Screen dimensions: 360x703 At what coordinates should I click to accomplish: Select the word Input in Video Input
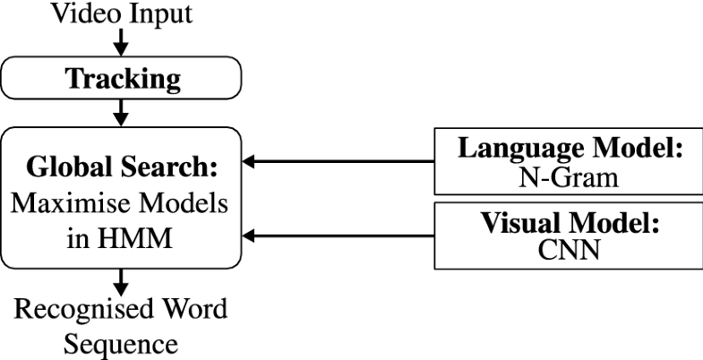pyautogui.click(x=163, y=13)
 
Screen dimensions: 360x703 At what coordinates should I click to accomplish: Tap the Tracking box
pyautogui.click(x=123, y=80)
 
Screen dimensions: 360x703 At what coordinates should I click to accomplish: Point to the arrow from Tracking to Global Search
pyautogui.click(x=123, y=114)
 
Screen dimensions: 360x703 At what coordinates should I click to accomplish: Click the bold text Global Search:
pyautogui.click(x=123, y=167)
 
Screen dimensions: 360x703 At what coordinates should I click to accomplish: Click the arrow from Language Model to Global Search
pyautogui.click(x=340, y=162)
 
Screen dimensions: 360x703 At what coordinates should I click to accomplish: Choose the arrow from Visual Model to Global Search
pyautogui.click(x=340, y=236)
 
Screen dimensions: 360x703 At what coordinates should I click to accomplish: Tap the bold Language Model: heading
pyautogui.click(x=570, y=150)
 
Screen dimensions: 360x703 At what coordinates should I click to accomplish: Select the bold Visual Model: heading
pyautogui.click(x=570, y=224)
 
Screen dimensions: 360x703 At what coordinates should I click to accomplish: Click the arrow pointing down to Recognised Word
pyautogui.click(x=123, y=285)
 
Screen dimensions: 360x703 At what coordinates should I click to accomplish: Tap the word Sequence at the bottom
pyautogui.click(x=123, y=345)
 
